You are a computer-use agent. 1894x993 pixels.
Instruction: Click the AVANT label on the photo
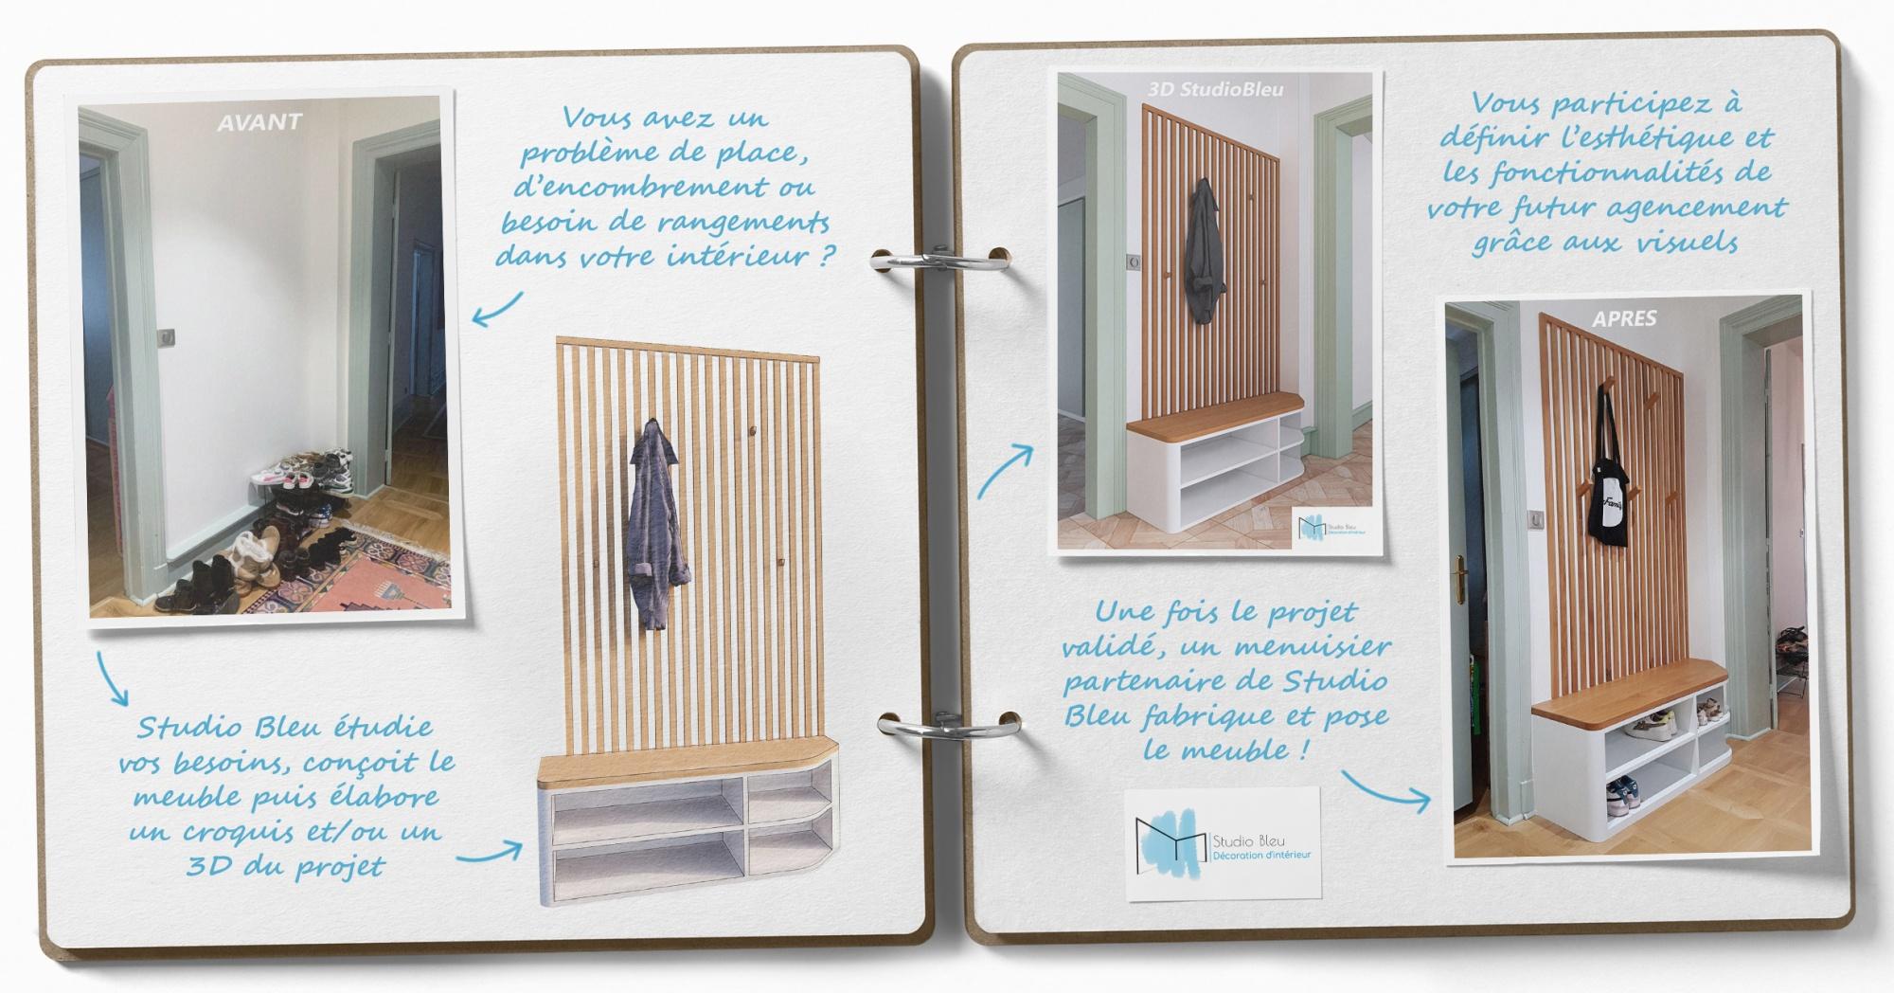259,122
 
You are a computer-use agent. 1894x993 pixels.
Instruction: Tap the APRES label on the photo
1624,318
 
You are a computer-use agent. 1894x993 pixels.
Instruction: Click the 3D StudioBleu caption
1215,89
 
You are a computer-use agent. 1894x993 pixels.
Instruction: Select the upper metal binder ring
940,261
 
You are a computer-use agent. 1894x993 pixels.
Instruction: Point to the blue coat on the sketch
652,524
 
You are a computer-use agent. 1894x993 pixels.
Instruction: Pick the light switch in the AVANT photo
167,336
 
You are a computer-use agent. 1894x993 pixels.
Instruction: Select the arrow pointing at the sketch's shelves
489,852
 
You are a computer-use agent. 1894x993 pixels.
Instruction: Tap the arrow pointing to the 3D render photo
1005,471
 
